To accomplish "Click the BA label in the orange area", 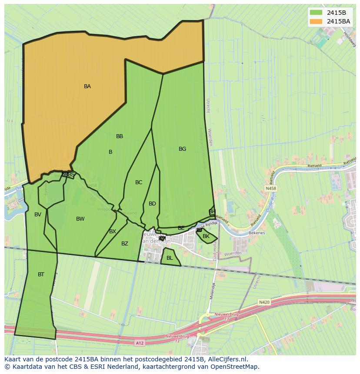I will tap(87, 86).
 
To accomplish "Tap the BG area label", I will tap(182, 149).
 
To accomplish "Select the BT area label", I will tap(41, 275).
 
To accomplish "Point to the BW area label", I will tap(80, 219).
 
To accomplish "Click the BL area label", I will tap(170, 258).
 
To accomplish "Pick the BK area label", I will tap(206, 236).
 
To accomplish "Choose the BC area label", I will tap(139, 182).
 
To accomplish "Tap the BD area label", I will tap(152, 204).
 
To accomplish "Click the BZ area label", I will tap(125, 244).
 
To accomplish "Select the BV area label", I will tap(38, 215).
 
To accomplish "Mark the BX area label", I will tap(113, 232).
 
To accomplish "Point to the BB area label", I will tap(120, 136).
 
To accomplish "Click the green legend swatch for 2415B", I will tap(316, 13).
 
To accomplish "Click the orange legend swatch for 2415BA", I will tap(316, 21).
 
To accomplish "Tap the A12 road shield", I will tap(139, 343).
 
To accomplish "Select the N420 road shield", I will tap(264, 302).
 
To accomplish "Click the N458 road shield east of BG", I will tap(270, 189).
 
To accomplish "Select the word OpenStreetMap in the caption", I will tap(235, 367).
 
